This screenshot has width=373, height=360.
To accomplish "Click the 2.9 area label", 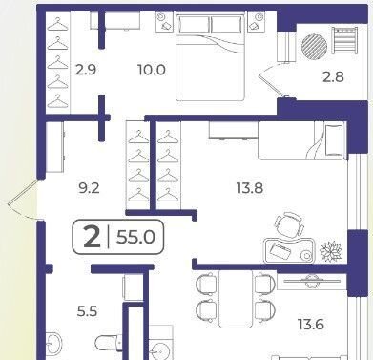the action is [x=86, y=69].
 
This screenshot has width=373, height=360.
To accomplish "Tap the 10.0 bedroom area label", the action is [x=152, y=70].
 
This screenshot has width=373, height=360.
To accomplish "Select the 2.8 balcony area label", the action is [x=333, y=77].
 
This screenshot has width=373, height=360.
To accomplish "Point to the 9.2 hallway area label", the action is [x=89, y=188].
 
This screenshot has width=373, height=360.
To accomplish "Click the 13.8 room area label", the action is [x=250, y=188].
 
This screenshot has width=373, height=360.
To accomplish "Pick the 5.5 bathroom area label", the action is [x=87, y=311].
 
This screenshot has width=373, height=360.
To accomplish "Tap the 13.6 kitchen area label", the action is [x=311, y=325].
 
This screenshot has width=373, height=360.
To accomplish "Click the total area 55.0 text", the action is [x=135, y=237].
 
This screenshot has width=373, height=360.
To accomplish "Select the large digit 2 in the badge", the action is [x=92, y=238].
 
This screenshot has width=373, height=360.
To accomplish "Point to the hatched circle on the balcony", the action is [x=314, y=47].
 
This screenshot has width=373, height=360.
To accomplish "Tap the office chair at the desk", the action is [x=289, y=223].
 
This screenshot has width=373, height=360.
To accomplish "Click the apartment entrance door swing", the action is [x=24, y=200].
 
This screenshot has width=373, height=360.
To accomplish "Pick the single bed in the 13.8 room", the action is [x=301, y=141].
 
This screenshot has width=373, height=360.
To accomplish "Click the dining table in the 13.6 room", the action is [x=236, y=299].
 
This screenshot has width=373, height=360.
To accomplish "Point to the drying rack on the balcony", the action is [x=345, y=40].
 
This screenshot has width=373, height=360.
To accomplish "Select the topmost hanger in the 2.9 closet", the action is [x=57, y=24].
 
